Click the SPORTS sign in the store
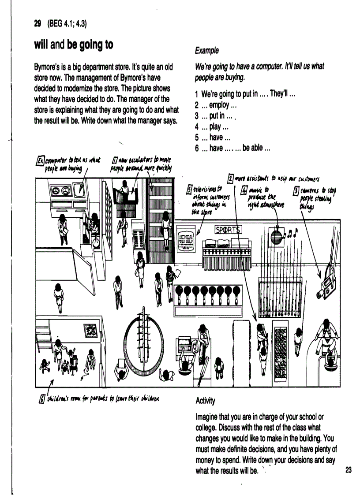click(232, 230)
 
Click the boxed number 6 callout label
click(42, 398)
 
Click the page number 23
click(349, 470)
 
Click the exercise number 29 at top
click(38, 24)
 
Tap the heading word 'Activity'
click(205, 401)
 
